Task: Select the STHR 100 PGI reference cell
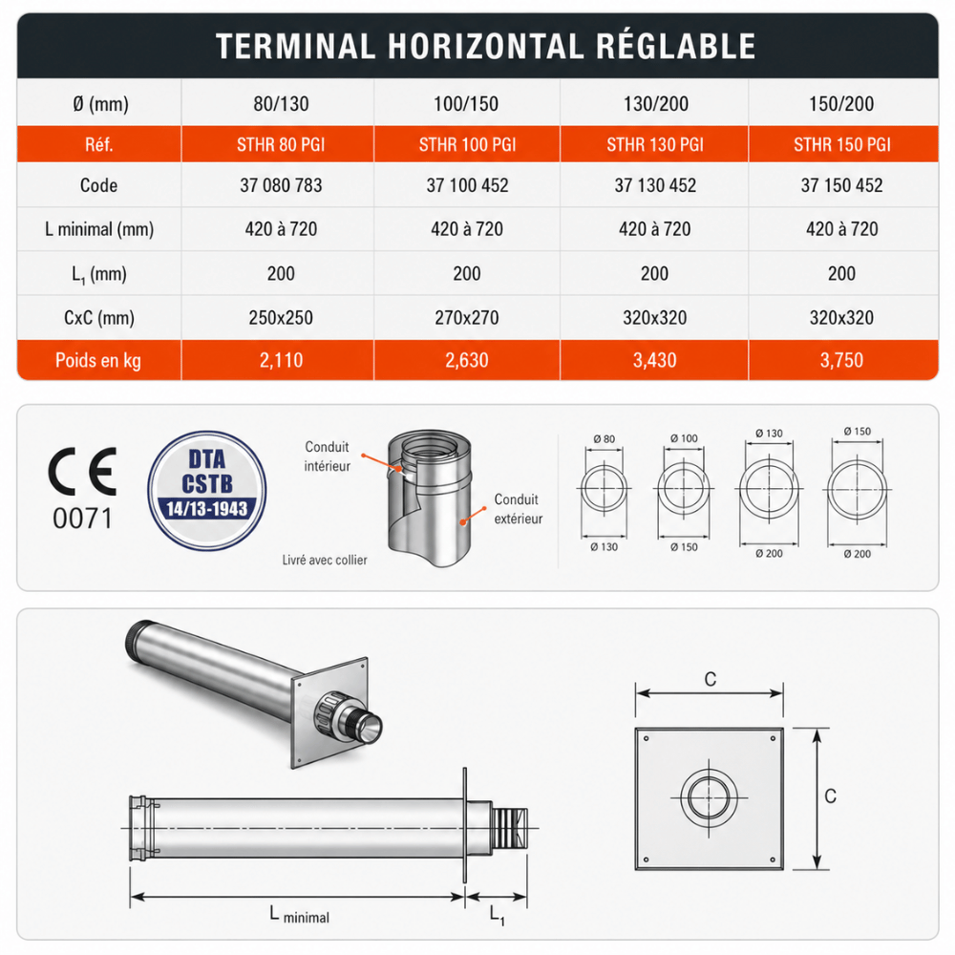click(x=467, y=144)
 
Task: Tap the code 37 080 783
click(x=281, y=185)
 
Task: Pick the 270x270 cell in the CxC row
click(x=467, y=317)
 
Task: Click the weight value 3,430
click(x=655, y=361)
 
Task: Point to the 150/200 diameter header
click(x=841, y=103)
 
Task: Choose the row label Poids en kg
click(x=98, y=361)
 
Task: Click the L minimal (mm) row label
click(x=99, y=229)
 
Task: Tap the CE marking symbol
click(x=82, y=472)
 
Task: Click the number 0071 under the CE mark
click(x=83, y=519)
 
